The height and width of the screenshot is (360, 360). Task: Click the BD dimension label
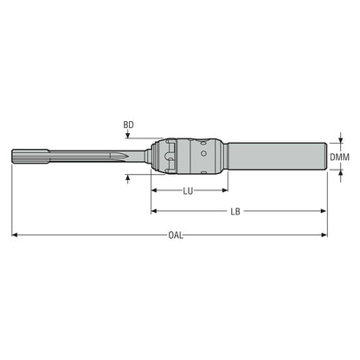[128, 125]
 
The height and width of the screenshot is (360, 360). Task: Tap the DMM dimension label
[339, 157]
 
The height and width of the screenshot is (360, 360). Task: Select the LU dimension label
[188, 191]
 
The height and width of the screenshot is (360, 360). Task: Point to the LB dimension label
[235, 211]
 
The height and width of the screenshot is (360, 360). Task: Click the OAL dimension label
[176, 235]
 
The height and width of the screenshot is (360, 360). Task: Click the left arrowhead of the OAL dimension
[15, 235]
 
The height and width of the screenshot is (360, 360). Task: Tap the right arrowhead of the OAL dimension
[324, 235]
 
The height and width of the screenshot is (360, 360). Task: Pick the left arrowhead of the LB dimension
[154, 211]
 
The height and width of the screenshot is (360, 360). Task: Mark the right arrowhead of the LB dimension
[323, 211]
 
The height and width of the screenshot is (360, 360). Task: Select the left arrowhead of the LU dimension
[154, 190]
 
